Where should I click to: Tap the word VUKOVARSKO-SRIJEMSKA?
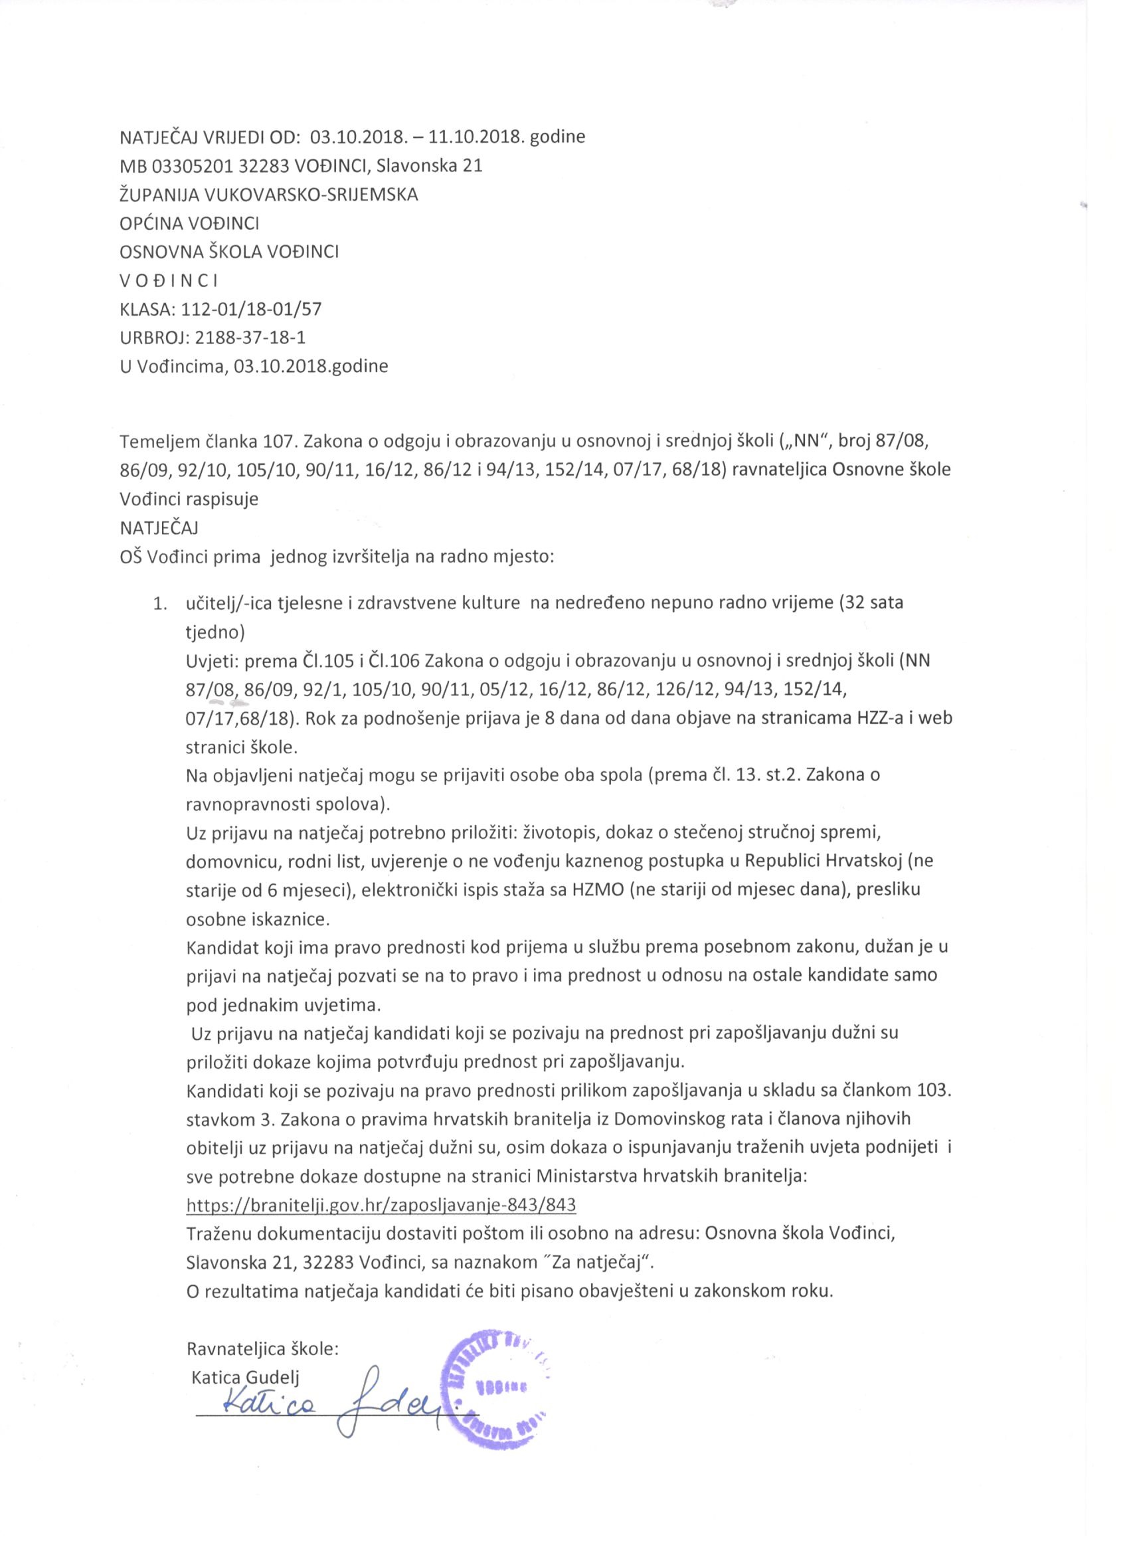coord(310,195)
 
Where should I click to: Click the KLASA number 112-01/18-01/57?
coord(251,309)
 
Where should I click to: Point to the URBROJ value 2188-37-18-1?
coord(246,337)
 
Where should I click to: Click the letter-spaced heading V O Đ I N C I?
coord(169,280)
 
